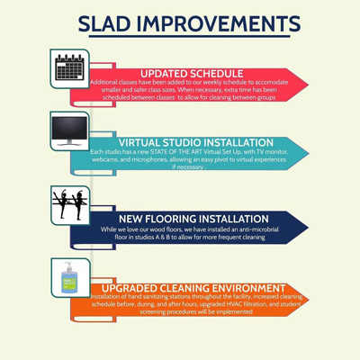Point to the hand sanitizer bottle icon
point(70,278)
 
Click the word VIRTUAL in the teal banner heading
point(142,142)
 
